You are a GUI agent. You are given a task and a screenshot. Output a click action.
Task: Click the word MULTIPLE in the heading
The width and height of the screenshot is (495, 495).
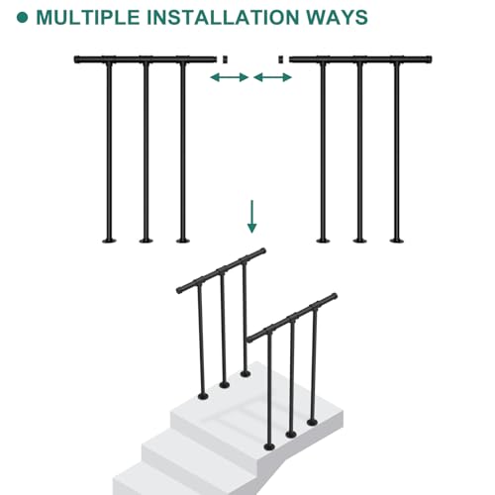(x=88, y=18)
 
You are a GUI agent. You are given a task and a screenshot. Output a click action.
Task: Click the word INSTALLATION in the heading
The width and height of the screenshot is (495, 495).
(x=223, y=18)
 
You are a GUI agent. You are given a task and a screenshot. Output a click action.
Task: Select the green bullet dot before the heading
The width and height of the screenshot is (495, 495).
(x=22, y=18)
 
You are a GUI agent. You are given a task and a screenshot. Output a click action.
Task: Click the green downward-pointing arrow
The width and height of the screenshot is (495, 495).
(x=252, y=217)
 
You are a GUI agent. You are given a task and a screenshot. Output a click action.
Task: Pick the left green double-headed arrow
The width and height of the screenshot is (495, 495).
(x=230, y=77)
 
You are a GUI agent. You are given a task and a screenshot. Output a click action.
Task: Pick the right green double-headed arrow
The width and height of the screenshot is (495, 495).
(x=272, y=77)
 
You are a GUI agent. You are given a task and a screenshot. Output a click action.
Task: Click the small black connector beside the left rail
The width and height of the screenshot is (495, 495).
(x=225, y=59)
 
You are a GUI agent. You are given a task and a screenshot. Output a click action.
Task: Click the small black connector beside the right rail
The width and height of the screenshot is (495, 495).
(x=281, y=59)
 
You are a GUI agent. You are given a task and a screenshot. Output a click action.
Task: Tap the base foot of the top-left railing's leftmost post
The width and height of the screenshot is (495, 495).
(x=109, y=241)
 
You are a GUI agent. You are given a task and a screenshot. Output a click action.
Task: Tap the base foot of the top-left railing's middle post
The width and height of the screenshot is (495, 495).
(x=147, y=241)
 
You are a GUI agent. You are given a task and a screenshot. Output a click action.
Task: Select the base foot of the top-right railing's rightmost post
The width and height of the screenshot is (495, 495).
(x=397, y=241)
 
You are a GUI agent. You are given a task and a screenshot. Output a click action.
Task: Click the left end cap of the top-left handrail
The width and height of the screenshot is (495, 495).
(x=77, y=59)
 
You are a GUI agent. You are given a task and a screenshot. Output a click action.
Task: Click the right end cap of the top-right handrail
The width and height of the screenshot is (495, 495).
(x=429, y=59)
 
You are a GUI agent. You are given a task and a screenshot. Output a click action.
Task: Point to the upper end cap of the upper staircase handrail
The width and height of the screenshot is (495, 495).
(x=262, y=251)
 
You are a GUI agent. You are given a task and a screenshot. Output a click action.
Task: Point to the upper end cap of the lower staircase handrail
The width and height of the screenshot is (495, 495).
(x=334, y=296)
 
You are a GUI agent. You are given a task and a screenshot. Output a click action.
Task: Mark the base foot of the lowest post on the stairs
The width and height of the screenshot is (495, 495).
(x=269, y=447)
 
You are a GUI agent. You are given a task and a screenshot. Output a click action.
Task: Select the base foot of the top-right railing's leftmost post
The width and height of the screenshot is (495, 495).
(x=323, y=241)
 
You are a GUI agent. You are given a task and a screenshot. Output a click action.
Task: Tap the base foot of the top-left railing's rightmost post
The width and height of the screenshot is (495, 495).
(x=183, y=241)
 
